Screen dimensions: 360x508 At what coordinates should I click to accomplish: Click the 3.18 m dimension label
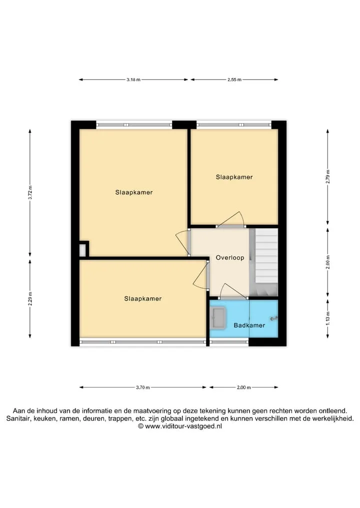(133, 80)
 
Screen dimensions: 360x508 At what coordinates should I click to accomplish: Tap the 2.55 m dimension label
(234, 80)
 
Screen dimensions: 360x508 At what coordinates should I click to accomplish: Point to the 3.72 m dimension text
(30, 193)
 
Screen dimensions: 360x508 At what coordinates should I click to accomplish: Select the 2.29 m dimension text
(30, 299)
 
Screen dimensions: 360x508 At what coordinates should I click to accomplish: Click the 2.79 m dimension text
(328, 177)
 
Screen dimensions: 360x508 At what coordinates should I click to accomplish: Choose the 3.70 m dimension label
(142, 388)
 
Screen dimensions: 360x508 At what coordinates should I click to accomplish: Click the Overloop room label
(230, 258)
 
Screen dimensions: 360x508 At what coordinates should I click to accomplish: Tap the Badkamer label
(249, 325)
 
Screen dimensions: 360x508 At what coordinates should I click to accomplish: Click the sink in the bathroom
(218, 318)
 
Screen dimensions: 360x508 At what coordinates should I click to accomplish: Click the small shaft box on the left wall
(84, 249)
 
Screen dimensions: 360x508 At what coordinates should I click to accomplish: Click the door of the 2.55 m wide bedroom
(231, 220)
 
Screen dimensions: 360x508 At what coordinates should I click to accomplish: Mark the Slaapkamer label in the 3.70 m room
(142, 299)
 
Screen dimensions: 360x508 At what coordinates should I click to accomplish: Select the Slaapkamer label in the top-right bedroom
(234, 177)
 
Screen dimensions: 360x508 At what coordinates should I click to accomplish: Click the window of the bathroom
(229, 341)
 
